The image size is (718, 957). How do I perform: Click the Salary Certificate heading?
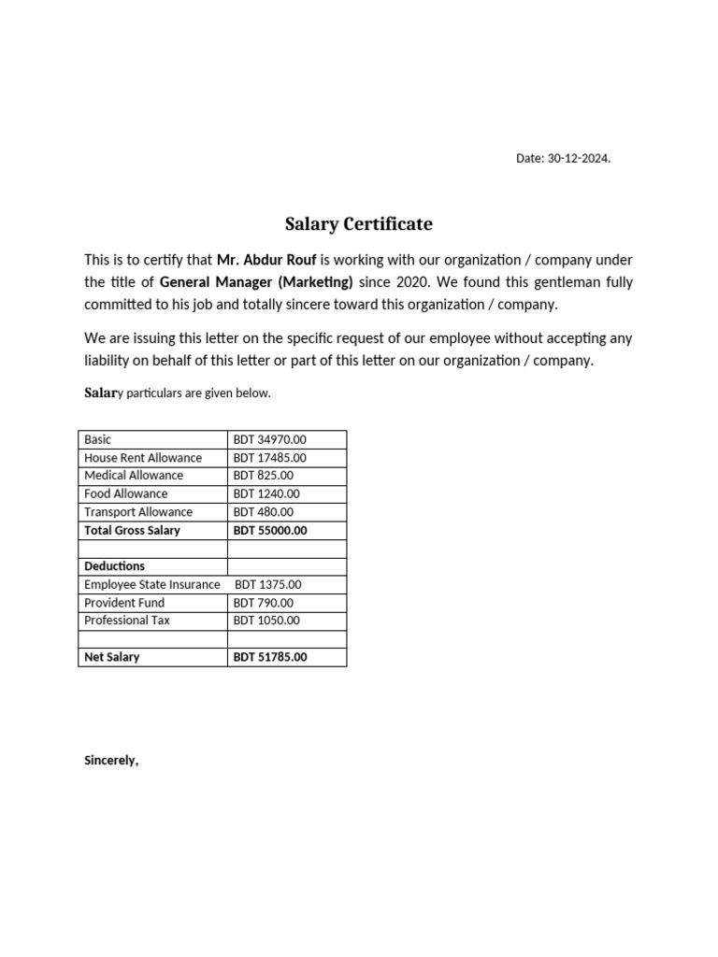tap(358, 224)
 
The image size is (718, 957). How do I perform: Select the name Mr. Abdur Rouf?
tap(266, 260)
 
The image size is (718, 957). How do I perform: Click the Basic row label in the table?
tap(97, 439)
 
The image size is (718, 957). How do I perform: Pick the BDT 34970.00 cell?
tap(270, 439)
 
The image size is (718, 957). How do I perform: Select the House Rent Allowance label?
tap(143, 458)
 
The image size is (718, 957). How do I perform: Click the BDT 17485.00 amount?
tap(270, 458)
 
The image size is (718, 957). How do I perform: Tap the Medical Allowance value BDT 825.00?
tap(264, 476)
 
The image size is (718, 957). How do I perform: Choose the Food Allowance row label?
tap(126, 493)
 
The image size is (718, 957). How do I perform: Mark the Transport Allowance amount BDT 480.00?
tap(264, 512)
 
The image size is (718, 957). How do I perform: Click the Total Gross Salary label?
tap(132, 530)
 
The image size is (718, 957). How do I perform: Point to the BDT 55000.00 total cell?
tap(270, 530)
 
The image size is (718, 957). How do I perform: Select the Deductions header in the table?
tap(114, 566)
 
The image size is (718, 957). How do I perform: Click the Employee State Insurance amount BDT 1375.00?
tap(268, 585)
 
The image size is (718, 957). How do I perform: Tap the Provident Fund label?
tap(123, 603)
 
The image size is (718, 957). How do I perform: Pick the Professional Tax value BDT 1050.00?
tap(266, 621)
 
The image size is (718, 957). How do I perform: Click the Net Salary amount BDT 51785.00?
tap(270, 657)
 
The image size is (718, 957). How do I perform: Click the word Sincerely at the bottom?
tap(111, 760)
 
